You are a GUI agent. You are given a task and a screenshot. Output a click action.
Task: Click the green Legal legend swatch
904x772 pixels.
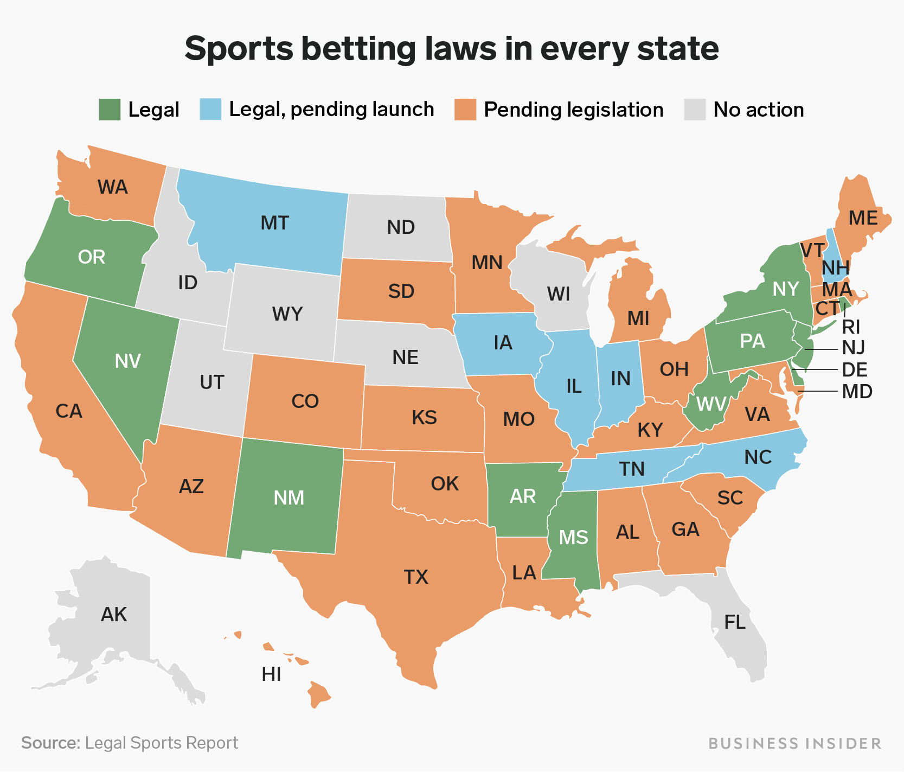(110, 110)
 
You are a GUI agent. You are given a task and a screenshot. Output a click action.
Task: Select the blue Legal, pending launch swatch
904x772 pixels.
(210, 110)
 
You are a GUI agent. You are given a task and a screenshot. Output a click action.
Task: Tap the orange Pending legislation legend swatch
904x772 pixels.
(465, 110)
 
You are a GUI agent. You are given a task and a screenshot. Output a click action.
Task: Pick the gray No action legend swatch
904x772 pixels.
(695, 110)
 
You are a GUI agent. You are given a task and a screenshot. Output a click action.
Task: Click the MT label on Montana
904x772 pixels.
(274, 223)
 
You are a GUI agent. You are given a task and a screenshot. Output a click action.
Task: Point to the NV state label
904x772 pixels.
(128, 361)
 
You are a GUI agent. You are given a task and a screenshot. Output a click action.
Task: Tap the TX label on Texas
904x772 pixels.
(416, 577)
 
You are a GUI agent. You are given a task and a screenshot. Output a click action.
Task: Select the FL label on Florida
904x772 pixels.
(735, 622)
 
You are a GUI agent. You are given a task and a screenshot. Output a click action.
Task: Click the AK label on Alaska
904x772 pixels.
(114, 615)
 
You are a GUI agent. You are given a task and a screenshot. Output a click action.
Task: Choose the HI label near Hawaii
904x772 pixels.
(271, 674)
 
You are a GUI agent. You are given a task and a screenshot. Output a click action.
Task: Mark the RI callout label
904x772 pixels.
(851, 327)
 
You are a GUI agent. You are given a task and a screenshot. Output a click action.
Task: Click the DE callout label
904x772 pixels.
(854, 370)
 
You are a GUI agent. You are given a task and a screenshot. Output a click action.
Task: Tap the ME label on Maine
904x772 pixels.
(863, 218)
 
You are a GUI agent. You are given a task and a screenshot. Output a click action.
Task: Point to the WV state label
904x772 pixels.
(711, 404)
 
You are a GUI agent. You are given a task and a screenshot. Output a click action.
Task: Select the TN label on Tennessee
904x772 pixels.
(632, 468)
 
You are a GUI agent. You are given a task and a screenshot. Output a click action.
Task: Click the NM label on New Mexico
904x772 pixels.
(289, 498)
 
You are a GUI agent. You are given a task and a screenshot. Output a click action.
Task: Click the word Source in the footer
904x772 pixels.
(50, 743)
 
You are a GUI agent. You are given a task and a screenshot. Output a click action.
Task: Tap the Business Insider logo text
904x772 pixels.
(794, 743)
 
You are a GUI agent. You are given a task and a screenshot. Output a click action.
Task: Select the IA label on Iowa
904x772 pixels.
(503, 343)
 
